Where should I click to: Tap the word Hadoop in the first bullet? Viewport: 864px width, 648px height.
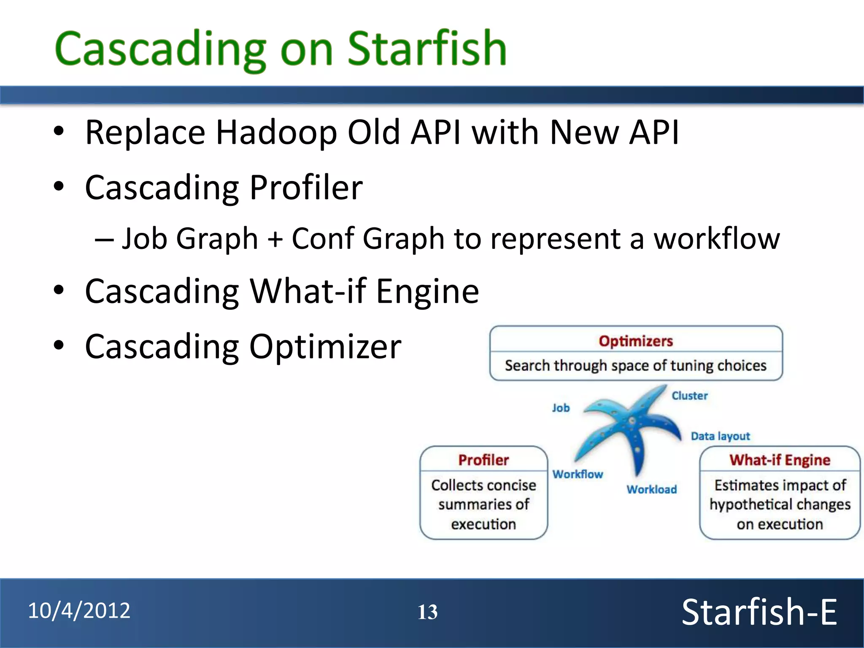pyautogui.click(x=276, y=132)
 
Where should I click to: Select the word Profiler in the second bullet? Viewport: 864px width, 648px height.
pyautogui.click(x=306, y=187)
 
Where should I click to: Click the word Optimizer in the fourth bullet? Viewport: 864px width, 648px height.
pyautogui.click(x=325, y=347)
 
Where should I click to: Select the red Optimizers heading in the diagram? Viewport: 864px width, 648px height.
pyautogui.click(x=636, y=341)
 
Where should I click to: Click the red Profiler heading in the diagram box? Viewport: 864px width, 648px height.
pyautogui.click(x=483, y=460)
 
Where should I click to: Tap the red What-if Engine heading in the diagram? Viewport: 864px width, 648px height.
pyautogui.click(x=780, y=460)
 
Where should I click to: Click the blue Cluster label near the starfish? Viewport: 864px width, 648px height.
pyautogui.click(x=689, y=396)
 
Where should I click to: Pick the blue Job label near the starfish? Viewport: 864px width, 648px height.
pyautogui.click(x=561, y=408)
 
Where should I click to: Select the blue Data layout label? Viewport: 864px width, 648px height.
pyautogui.click(x=720, y=436)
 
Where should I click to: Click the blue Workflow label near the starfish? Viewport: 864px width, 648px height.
pyautogui.click(x=578, y=474)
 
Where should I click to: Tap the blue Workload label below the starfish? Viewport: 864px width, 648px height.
pyautogui.click(x=651, y=489)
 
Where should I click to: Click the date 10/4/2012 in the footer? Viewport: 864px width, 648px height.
pyautogui.click(x=79, y=611)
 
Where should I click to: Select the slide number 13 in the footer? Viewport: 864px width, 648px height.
pyautogui.click(x=427, y=612)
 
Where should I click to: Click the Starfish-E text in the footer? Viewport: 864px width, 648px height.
pyautogui.click(x=759, y=612)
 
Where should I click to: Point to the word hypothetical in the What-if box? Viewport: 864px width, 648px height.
pyautogui.click(x=750, y=505)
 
